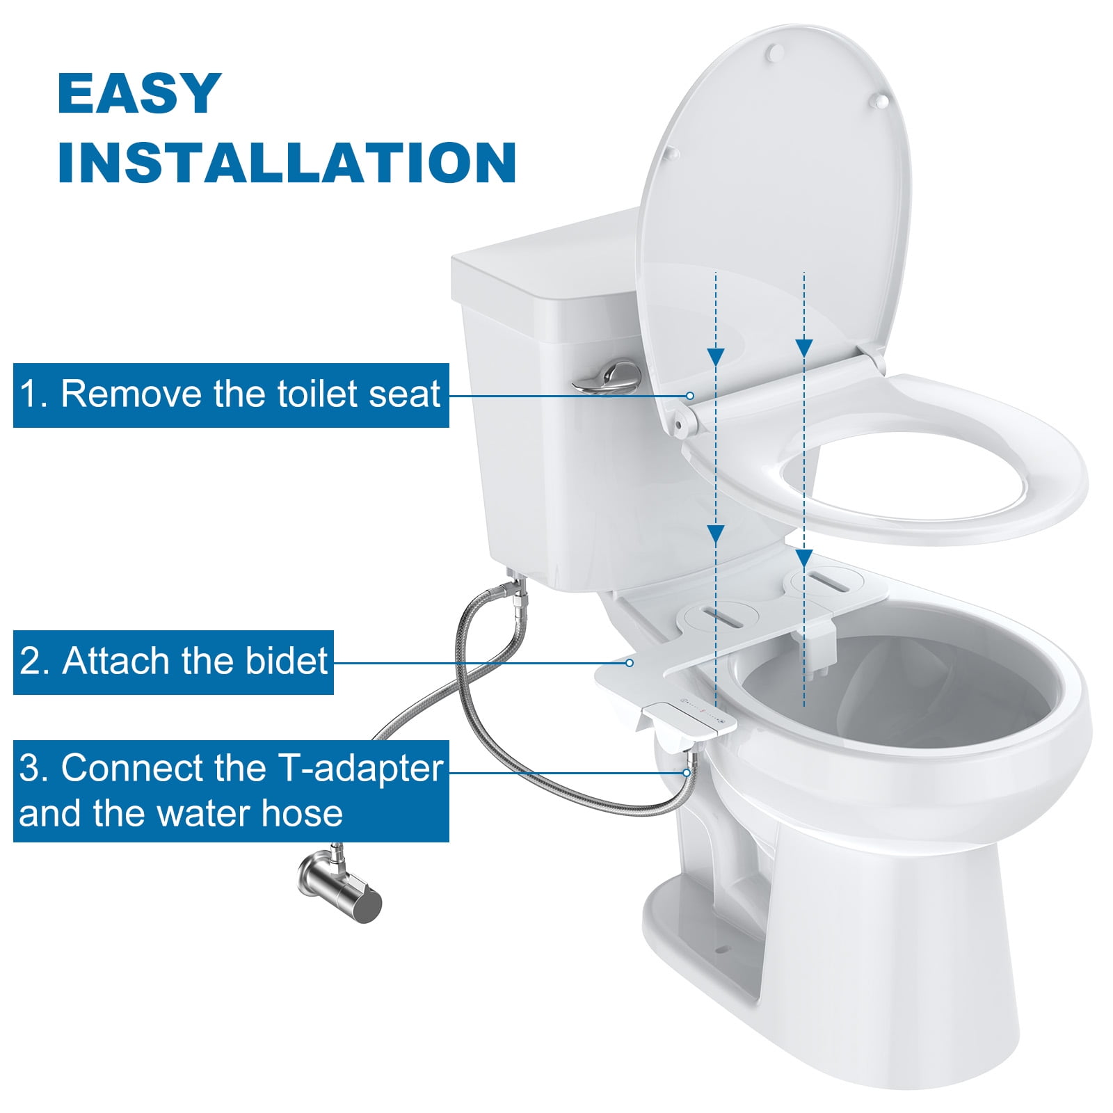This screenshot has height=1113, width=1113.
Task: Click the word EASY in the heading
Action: pyautogui.click(x=139, y=93)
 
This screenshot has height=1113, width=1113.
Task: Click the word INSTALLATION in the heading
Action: pyautogui.click(x=287, y=163)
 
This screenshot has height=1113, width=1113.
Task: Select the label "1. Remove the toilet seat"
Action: pyautogui.click(x=231, y=395)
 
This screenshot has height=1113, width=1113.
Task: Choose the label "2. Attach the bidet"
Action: pyautogui.click(x=173, y=662)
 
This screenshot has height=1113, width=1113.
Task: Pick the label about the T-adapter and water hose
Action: pyautogui.click(x=231, y=791)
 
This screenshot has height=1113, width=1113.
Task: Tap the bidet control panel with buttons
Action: pyautogui.click(x=689, y=716)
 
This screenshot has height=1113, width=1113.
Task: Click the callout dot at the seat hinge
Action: pyautogui.click(x=690, y=396)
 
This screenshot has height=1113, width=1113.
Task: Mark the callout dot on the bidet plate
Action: pyautogui.click(x=630, y=663)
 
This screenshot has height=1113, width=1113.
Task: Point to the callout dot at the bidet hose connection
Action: pyautogui.click(x=687, y=773)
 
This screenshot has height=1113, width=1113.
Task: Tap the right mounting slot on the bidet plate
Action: pyautogui.click(x=826, y=582)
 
